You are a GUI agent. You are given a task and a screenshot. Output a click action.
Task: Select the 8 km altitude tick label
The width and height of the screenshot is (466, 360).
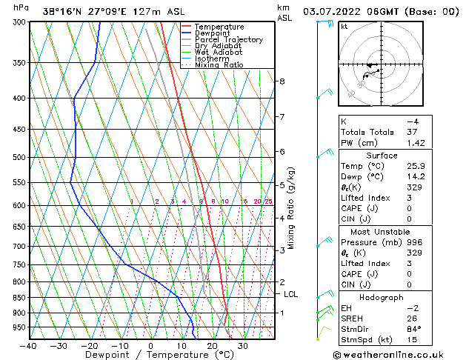click(x=282, y=81)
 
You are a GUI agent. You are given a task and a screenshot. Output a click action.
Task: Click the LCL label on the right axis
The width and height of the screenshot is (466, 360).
click(x=291, y=294)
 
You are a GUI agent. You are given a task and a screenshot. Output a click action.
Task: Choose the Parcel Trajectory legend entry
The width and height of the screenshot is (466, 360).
click(x=228, y=40)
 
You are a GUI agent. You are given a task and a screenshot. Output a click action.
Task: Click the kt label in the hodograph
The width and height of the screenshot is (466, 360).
click(x=344, y=27)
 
